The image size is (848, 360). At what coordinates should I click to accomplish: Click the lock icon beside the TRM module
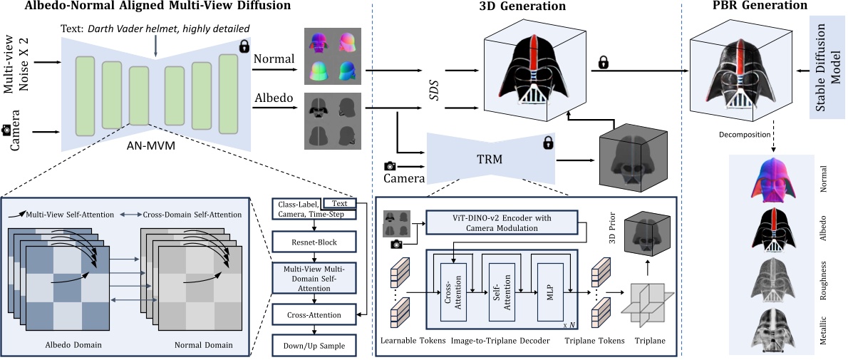click(x=548, y=143)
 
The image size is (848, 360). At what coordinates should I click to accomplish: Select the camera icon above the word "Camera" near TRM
click(x=391, y=165)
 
